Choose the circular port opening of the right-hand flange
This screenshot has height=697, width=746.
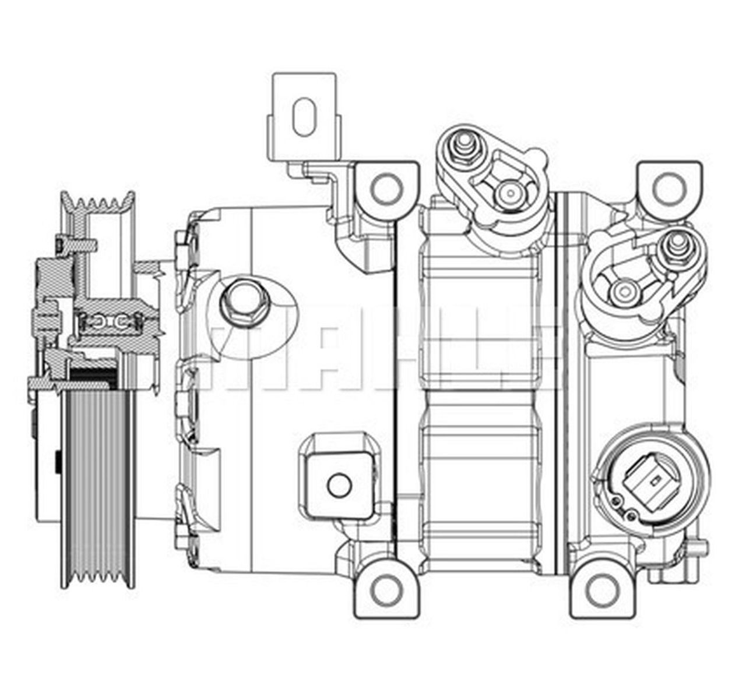[x=624, y=289]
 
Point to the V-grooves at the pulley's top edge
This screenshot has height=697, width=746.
[x=99, y=204]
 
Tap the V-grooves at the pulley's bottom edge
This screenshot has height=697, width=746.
[x=96, y=576]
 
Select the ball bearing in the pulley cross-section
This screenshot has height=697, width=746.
[x=110, y=321]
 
